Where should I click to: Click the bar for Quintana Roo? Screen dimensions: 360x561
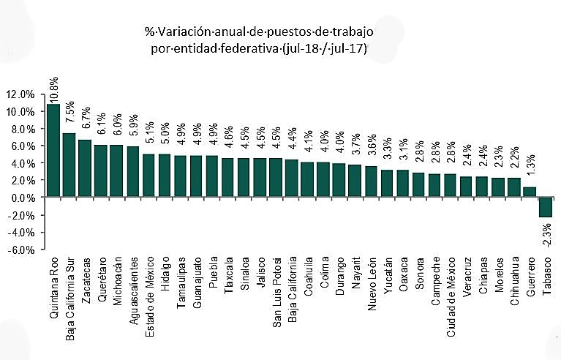[53, 150]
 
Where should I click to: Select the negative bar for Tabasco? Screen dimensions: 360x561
[545, 207]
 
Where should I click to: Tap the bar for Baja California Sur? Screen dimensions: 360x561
[69, 165]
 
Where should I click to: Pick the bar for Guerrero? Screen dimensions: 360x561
[529, 192]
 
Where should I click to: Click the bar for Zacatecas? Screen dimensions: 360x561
[85, 168]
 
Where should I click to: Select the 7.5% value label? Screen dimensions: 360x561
[69, 116]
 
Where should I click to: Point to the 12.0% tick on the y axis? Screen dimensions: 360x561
[20, 94]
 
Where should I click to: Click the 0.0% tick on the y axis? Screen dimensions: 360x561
[22, 198]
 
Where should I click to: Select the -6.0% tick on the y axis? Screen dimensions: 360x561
[20, 250]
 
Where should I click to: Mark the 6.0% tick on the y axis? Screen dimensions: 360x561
[22, 146]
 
